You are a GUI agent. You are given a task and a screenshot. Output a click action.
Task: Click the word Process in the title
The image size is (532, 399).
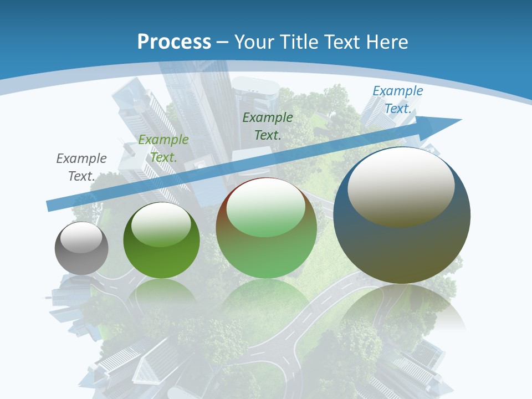pyautogui.click(x=174, y=42)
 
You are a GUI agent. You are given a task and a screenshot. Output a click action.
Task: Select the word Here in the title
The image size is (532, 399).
pyautogui.click(x=387, y=42)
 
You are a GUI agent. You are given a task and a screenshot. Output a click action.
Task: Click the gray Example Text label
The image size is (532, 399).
pyautogui.click(x=81, y=167)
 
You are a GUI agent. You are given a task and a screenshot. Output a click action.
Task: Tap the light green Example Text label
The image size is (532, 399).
pyautogui.click(x=163, y=149)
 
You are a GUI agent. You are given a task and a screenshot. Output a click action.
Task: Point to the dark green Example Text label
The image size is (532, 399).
pyautogui.click(x=268, y=126)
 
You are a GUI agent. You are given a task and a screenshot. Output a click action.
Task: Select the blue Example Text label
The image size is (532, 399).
pyautogui.click(x=397, y=100)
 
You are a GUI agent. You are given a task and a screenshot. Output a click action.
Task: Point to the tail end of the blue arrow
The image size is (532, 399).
pyautogui.click(x=50, y=206)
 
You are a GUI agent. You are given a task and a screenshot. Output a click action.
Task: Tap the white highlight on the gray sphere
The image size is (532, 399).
pyautogui.click(x=81, y=238)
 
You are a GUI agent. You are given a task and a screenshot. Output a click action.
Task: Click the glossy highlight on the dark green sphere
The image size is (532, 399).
pyautogui.click(x=161, y=224)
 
